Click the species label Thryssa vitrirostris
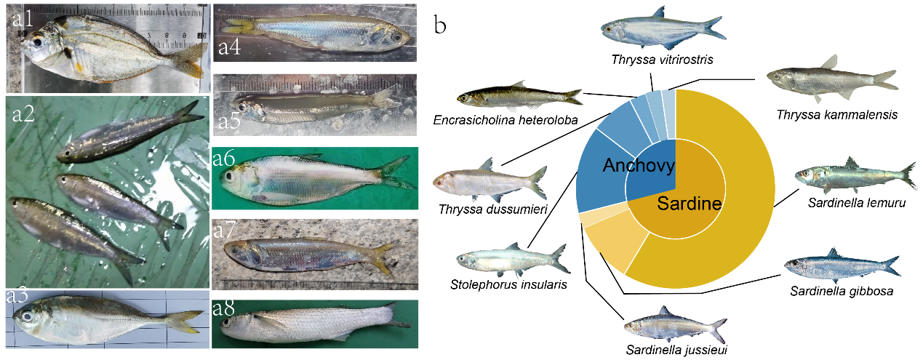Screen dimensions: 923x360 [x=662, y=60]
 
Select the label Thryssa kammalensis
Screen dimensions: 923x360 [x=837, y=115]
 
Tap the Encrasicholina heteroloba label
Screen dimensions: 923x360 [x=506, y=120]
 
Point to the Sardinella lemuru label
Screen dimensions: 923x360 [x=857, y=203]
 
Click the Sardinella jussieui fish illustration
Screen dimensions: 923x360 [x=676, y=325]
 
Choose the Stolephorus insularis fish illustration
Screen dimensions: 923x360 [x=513, y=259]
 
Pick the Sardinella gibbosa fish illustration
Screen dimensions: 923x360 [x=842, y=265]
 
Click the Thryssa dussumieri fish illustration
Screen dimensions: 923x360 [x=490, y=181]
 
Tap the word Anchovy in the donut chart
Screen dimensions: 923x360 [x=639, y=165]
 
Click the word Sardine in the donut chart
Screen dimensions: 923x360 [x=689, y=204]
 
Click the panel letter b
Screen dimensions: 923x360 [x=440, y=25]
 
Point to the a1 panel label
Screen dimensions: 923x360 [x=23, y=19]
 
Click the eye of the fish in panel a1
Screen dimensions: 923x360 [x=39, y=42]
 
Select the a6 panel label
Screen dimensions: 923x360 [x=224, y=159]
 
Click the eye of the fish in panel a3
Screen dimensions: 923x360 [x=27, y=316]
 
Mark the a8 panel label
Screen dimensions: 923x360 [x=224, y=308]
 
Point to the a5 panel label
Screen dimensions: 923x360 [x=230, y=122]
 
